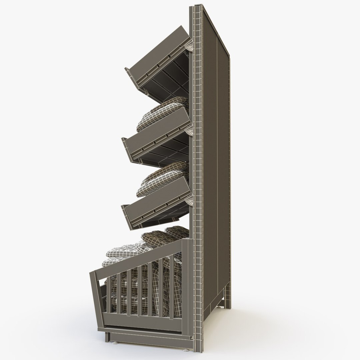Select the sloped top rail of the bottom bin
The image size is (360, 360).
[140, 257]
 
